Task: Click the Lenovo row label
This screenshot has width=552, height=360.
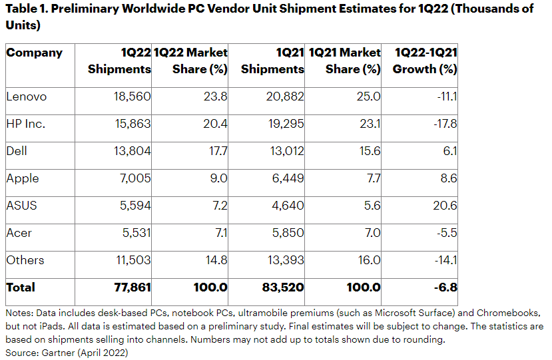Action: (27, 96)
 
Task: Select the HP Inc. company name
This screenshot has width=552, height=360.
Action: (27, 124)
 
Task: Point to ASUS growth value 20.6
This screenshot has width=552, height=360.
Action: (445, 206)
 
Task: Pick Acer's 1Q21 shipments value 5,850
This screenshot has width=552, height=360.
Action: (287, 233)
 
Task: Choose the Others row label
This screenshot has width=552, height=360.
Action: (25, 260)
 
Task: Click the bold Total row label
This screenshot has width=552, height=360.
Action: (21, 287)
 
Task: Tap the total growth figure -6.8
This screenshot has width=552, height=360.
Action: (445, 287)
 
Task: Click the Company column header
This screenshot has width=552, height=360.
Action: (34, 53)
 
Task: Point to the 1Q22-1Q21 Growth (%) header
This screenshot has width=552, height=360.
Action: (425, 61)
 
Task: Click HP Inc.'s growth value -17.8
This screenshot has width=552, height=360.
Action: (443, 124)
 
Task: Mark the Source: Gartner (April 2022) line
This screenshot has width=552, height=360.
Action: (67, 353)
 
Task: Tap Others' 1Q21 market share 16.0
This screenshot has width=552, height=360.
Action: (368, 260)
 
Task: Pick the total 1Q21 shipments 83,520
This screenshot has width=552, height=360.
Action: (284, 287)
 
